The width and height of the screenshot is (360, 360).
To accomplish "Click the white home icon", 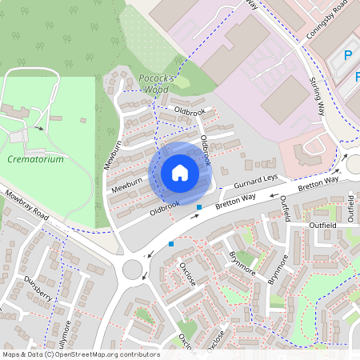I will (180, 173).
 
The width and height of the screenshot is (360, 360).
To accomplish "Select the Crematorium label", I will (34, 159).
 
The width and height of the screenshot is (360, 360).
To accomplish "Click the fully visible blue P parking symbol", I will (347, 56).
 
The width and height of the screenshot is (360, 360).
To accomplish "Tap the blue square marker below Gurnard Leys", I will (199, 208).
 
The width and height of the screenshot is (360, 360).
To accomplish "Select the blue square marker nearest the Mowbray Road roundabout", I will (170, 243).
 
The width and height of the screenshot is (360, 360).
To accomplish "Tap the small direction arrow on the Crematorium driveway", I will (38, 127).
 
